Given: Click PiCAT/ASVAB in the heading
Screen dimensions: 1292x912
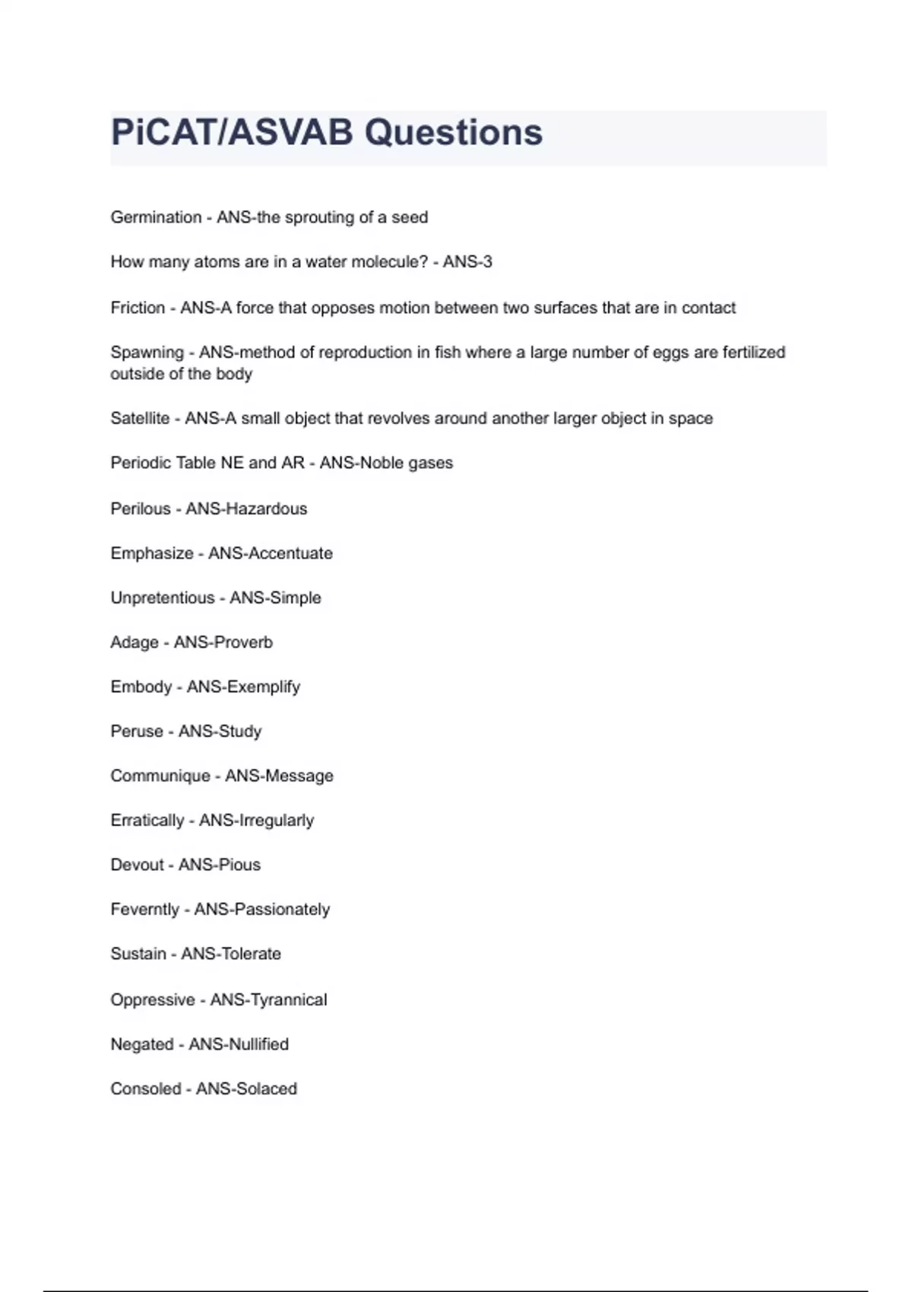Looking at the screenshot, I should coord(232,133).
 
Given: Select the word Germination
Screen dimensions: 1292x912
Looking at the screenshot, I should coord(156,217).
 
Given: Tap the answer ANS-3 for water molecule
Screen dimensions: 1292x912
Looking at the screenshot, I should coord(467,262).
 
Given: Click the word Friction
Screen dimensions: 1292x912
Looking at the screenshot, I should coord(138,308).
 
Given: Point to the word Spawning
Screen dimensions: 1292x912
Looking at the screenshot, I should coord(147,353).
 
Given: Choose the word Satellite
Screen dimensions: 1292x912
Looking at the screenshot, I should coord(140,419).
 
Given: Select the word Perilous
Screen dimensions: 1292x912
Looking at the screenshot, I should coord(141,508).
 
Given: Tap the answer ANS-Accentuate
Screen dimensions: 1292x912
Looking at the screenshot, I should coord(271,553).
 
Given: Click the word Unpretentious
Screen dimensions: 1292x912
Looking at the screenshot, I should coord(162,598).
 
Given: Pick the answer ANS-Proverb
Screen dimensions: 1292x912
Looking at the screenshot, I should coord(223,642).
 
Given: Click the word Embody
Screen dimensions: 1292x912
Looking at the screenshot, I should coord(141,687).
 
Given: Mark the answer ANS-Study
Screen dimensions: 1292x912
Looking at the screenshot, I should coord(220,731).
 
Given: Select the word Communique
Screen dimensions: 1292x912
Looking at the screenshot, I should coord(160,776).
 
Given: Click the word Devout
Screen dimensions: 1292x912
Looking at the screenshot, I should coord(137,865).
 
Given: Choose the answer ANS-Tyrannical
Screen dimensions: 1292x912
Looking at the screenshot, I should coord(268,1000).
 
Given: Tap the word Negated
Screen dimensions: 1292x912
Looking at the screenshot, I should coord(142,1044).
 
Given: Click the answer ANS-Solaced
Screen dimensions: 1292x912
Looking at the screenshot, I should coord(246,1089).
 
